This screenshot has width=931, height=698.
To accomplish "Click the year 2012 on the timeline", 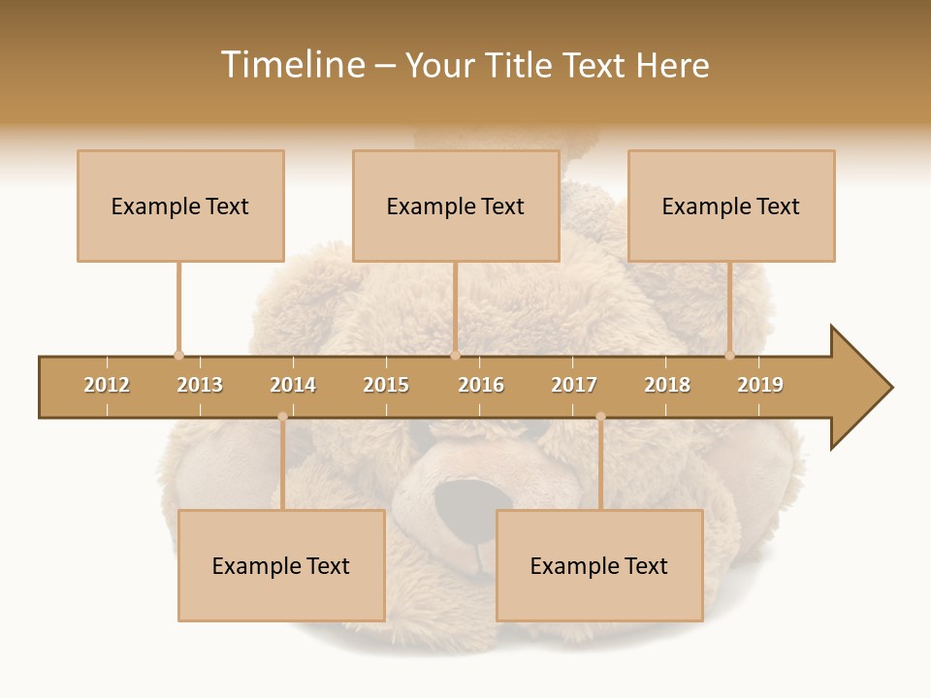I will click(107, 385).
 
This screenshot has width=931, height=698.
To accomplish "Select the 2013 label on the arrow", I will click(200, 385).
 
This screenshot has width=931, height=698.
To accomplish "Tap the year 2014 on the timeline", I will click(293, 385).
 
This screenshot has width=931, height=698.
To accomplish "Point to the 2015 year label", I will click(386, 385).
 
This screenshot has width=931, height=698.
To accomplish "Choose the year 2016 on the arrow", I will click(481, 385).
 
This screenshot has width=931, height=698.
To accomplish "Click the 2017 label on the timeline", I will click(574, 385).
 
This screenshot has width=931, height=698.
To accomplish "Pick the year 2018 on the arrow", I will click(667, 385).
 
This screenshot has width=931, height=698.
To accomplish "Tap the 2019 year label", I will click(760, 385).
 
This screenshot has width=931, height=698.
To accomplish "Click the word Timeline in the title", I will click(292, 65).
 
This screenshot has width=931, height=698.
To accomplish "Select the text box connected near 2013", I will click(180, 206).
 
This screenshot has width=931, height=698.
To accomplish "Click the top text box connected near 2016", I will click(456, 206).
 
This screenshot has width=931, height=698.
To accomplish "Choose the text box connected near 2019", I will click(731, 206).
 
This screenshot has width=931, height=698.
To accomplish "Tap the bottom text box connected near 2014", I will click(281, 565).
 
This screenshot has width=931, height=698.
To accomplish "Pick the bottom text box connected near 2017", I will click(599, 565).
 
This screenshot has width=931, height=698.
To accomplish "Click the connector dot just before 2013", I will click(178, 355).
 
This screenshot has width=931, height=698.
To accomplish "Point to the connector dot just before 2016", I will click(455, 355).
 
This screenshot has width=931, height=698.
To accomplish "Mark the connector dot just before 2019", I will click(730, 355).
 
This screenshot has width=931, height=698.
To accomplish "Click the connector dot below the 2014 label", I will click(282, 417).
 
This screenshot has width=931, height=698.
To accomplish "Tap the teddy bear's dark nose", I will click(464, 504).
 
